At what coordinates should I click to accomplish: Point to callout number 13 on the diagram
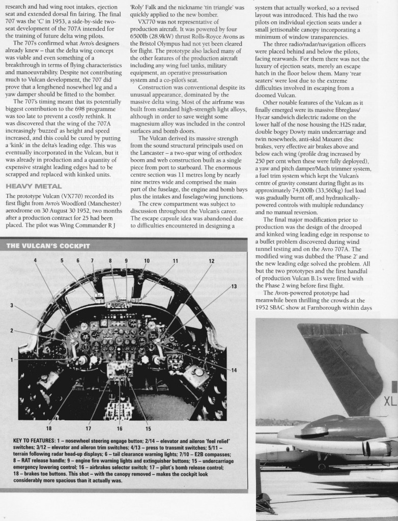[x=234, y=286]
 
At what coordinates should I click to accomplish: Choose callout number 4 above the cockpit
[x=36, y=260]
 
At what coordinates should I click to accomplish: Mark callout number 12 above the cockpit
[x=211, y=261]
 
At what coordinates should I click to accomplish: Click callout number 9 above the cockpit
[x=126, y=260]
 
